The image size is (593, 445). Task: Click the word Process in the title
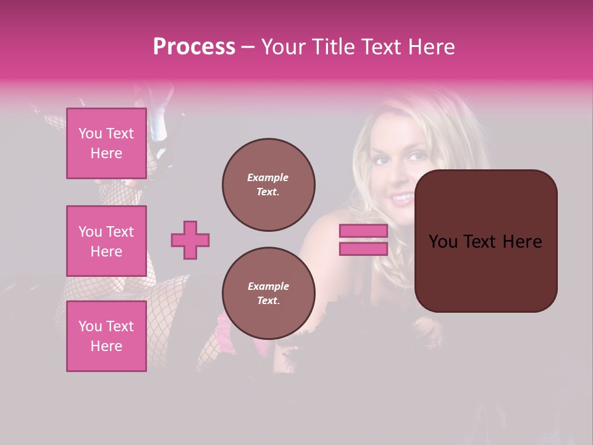coord(194,47)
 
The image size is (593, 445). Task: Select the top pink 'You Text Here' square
coord(106,143)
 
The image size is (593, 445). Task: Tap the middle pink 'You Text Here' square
coord(106,241)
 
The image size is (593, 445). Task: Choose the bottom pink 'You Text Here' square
coord(106,336)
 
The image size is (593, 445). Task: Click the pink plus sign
coord(190,240)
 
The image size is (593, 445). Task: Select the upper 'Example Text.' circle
coord(269,185)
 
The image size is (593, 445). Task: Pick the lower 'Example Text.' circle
coord(269,294)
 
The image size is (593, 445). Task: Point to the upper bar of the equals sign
coord(363,231)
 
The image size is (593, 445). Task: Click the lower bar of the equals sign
coord(363,248)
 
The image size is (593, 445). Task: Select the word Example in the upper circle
coord(267,177)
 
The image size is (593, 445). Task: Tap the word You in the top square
coord(90,133)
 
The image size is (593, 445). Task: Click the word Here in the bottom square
coord(106,346)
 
